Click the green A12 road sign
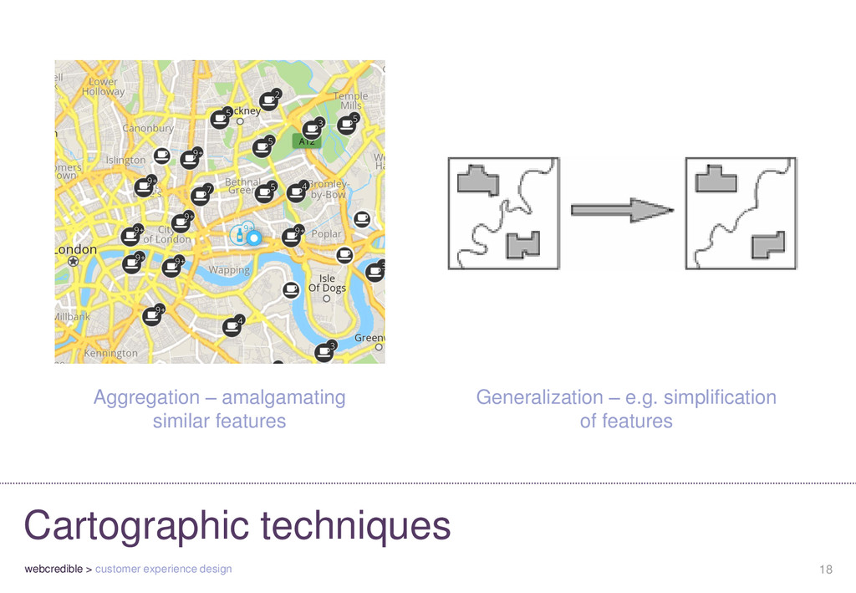click(307, 141)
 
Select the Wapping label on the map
click(229, 270)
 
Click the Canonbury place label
click(148, 129)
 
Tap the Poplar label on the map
click(326, 235)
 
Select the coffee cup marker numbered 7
click(200, 196)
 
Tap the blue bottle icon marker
click(241, 235)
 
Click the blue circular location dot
click(254, 238)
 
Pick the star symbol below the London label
click(74, 262)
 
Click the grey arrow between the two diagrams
click(621, 211)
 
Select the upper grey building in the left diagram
click(478, 181)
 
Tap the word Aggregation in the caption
click(147, 397)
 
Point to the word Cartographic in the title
click(137, 527)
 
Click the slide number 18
click(826, 570)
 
